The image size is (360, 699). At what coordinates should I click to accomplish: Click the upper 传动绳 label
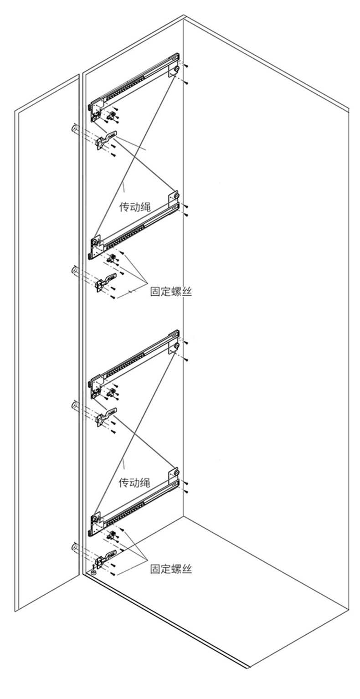pyautogui.click(x=135, y=206)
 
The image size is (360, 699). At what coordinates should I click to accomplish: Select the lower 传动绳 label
pyautogui.click(x=135, y=482)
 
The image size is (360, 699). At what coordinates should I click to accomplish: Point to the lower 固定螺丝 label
pyautogui.click(x=171, y=569)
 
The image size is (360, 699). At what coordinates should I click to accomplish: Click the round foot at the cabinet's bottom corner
pyautogui.click(x=93, y=571)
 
